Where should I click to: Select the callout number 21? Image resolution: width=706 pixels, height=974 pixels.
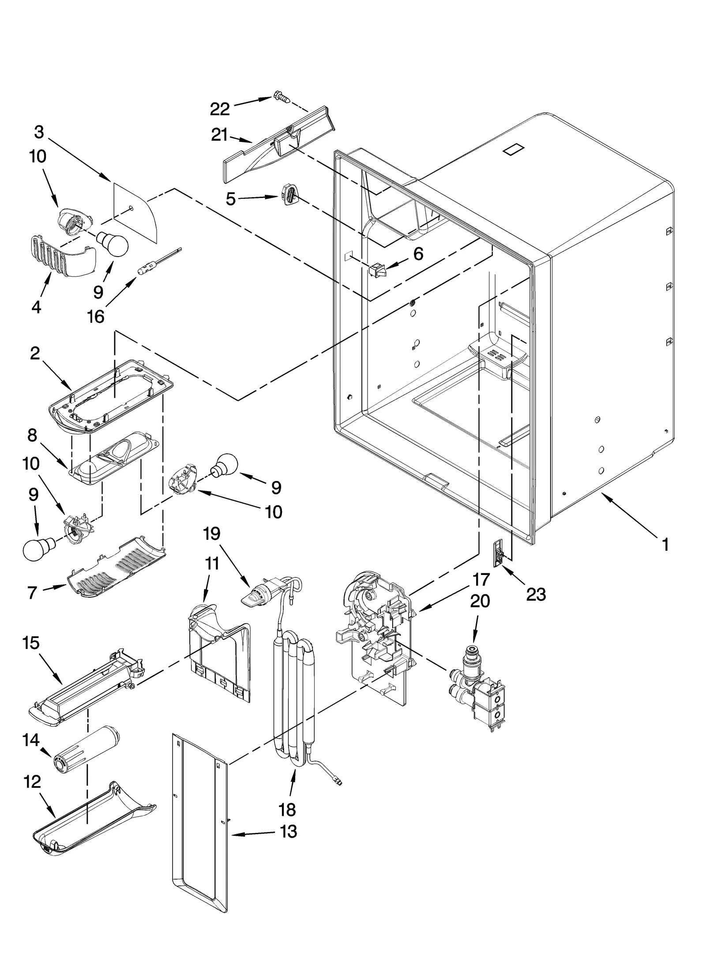click(x=219, y=135)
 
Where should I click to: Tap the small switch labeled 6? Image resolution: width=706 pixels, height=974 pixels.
click(x=376, y=269)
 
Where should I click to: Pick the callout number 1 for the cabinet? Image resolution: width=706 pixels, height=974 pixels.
click(x=665, y=545)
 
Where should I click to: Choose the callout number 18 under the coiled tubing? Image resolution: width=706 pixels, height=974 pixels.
click(x=287, y=810)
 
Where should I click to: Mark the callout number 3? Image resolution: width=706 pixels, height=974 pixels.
click(x=39, y=132)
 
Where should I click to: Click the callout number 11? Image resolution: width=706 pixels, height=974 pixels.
click(x=212, y=564)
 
